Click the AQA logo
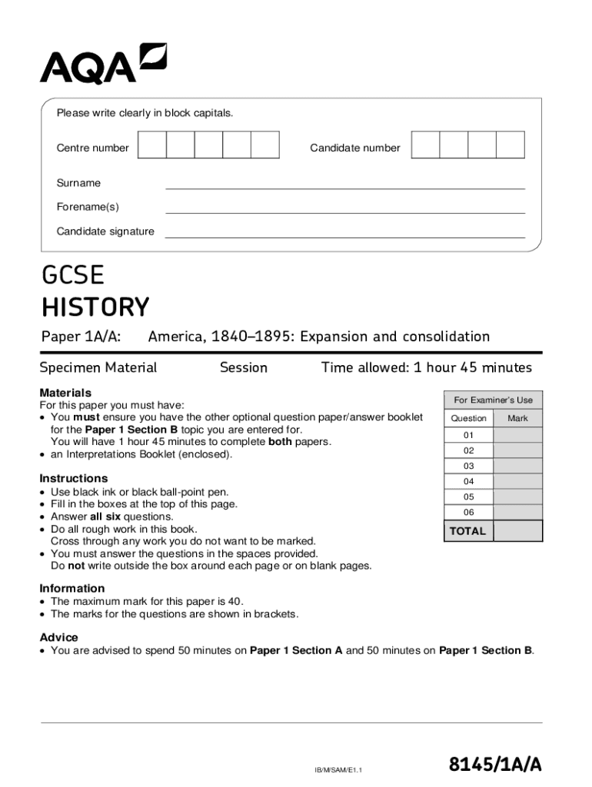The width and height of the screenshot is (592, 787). tap(103, 64)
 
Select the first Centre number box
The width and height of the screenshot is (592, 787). tap(152, 145)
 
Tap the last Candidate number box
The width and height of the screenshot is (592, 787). tap(510, 145)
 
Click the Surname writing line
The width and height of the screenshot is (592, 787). tap(344, 184)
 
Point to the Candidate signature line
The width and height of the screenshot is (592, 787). tap(344, 233)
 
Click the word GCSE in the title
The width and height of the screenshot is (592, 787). tap(72, 275)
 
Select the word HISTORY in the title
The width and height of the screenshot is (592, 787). tap(95, 307)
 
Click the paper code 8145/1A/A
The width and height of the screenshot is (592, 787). tap(496, 765)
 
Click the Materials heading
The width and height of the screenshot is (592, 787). tap(65, 393)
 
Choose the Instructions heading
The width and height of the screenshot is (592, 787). tap(74, 478)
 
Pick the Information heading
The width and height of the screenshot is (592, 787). tap(72, 588)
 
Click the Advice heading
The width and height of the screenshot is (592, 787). tap(58, 637)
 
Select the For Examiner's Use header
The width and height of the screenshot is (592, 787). tap(493, 400)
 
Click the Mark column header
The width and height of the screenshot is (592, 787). tap(517, 419)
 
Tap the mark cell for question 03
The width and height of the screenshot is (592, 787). tap(517, 467)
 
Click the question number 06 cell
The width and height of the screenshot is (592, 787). tap(468, 513)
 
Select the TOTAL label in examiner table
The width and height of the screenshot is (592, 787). tap(467, 531)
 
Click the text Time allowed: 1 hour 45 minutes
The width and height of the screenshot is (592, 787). tap(426, 367)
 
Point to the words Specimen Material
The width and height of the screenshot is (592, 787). tap(98, 367)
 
